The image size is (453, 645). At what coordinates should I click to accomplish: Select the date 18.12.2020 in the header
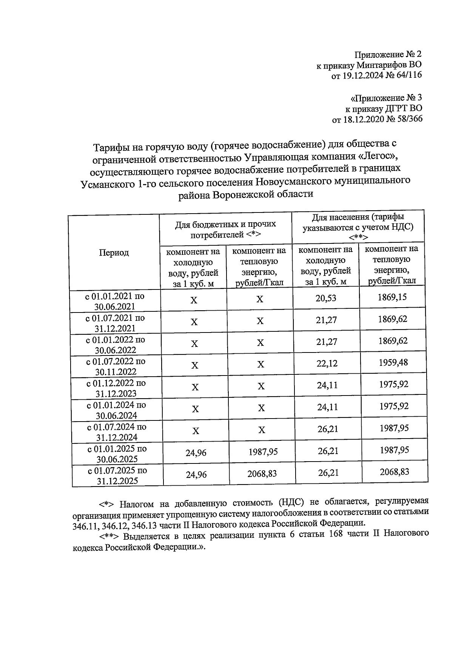[x=361, y=119]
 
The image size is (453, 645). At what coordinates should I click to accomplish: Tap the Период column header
[x=114, y=252]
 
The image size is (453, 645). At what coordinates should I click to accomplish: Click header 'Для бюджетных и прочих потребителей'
[x=225, y=229]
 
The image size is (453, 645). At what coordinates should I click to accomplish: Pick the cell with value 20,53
[x=326, y=299]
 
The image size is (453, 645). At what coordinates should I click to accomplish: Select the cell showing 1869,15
[x=392, y=297]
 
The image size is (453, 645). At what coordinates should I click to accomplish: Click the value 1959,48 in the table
[x=393, y=363]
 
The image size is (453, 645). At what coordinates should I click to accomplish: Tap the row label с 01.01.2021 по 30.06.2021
[x=115, y=301]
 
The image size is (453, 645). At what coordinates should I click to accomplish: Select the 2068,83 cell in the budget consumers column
[x=262, y=473]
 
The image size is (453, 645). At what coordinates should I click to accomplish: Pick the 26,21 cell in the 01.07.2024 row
[x=328, y=429]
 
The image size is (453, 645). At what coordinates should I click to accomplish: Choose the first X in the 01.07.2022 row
[x=194, y=365]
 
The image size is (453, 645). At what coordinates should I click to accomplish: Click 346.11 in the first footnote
[x=85, y=524]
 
